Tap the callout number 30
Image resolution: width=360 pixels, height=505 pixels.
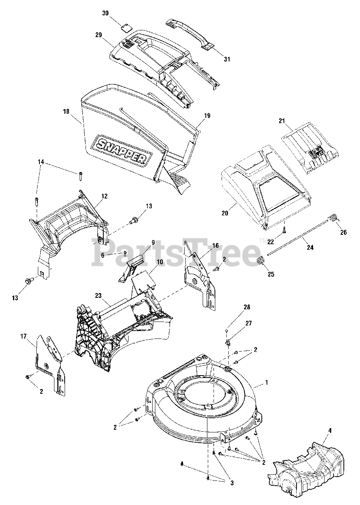(x=105, y=13)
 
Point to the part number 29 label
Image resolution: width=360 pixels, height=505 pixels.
(x=99, y=35)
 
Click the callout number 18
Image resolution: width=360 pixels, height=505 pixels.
(x=66, y=112)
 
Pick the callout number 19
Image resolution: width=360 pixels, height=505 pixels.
(x=207, y=116)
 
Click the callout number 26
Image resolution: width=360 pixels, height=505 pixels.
(x=343, y=232)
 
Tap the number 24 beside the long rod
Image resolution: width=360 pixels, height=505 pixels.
(x=310, y=248)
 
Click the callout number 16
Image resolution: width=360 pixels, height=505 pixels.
(x=215, y=245)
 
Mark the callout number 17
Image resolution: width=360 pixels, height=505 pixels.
(x=23, y=336)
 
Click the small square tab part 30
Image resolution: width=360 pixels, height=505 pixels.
(x=126, y=27)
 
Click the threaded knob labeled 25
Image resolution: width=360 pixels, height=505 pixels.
(x=260, y=261)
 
